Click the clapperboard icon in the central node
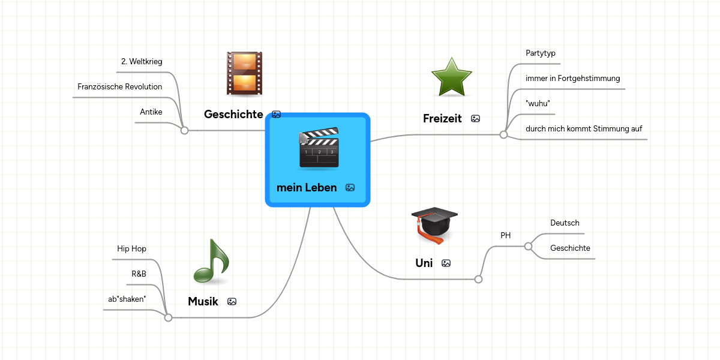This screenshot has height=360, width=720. [x=319, y=148]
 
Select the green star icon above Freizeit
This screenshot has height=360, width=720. [x=452, y=77]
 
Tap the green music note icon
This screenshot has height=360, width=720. [x=211, y=262]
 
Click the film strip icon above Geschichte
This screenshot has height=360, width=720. [x=244, y=73]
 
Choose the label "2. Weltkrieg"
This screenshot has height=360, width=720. [x=142, y=61]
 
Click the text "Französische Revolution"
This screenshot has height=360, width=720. [x=120, y=86]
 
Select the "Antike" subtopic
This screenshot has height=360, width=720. [x=151, y=112]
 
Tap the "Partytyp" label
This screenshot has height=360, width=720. [x=541, y=53]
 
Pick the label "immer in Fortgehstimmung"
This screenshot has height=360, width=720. [x=572, y=78]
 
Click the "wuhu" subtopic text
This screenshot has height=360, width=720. [x=538, y=103]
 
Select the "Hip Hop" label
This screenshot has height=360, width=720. [x=131, y=248]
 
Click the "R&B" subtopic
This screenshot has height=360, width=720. [x=139, y=274]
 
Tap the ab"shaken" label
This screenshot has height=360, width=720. [x=127, y=299]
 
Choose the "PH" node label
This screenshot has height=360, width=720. [x=506, y=235]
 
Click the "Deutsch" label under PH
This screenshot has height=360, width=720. [x=565, y=223]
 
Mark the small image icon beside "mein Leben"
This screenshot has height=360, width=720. [x=350, y=188]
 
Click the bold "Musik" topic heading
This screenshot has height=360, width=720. [x=203, y=301]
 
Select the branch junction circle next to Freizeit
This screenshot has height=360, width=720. [x=504, y=135]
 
